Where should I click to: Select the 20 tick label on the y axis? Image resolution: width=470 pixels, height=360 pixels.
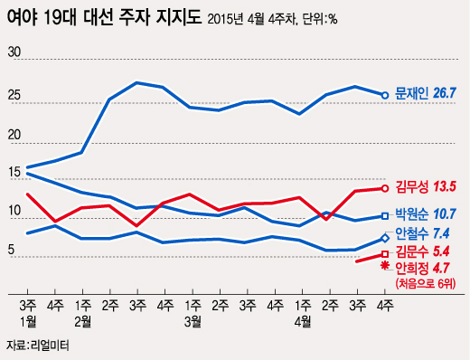(x=14, y=135)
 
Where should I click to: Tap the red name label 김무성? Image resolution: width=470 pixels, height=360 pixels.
(x=412, y=187)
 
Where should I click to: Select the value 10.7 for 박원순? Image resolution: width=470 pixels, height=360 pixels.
(x=447, y=216)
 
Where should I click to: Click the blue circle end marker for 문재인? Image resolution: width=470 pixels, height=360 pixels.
(x=384, y=94)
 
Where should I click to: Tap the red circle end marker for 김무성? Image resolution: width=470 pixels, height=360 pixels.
(x=384, y=188)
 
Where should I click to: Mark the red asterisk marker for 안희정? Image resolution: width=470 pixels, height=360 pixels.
(x=384, y=267)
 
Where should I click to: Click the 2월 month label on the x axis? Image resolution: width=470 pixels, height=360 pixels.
(x=82, y=320)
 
